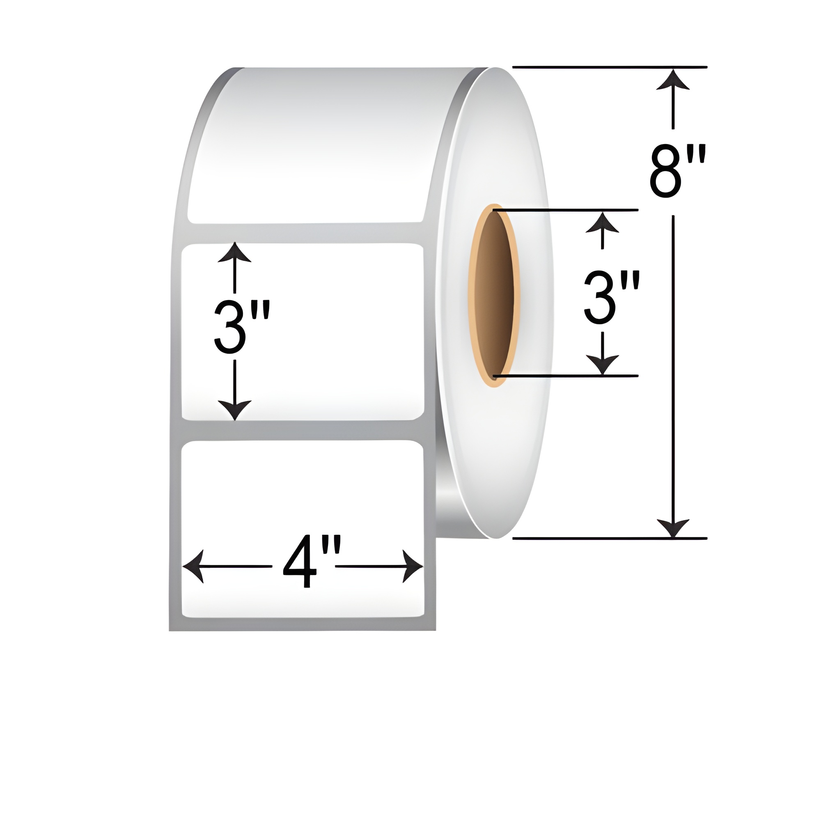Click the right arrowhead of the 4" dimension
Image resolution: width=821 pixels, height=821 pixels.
413,566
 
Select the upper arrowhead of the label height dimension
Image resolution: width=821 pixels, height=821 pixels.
234,253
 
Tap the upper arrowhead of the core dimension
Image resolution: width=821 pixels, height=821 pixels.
602,222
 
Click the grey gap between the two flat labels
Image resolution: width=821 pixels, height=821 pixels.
303,431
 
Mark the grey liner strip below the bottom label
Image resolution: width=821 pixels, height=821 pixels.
303,624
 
